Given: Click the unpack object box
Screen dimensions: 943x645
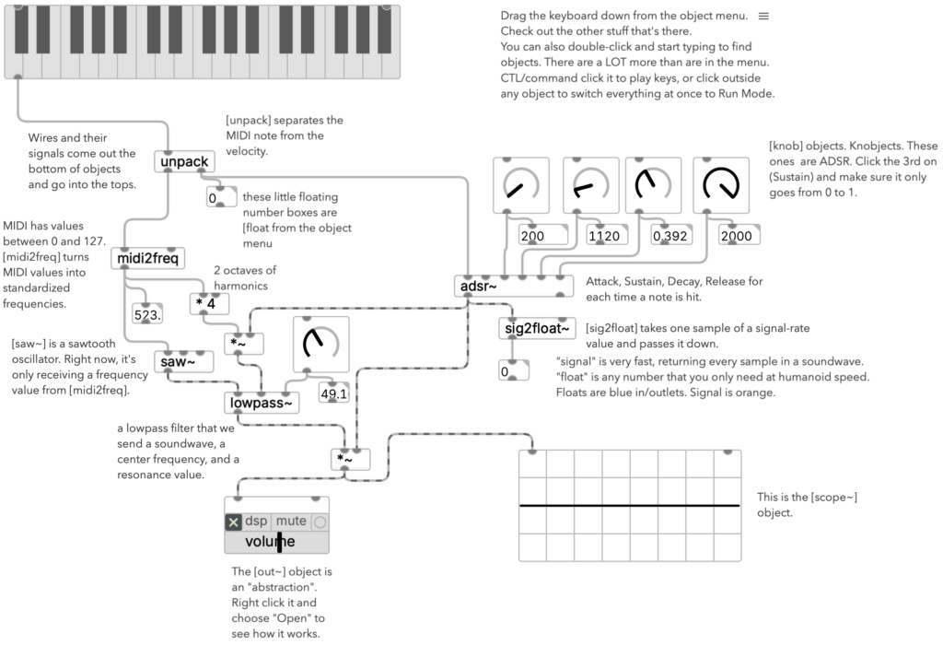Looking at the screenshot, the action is coord(184,161).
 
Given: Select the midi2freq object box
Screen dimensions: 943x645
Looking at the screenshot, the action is coord(148,258).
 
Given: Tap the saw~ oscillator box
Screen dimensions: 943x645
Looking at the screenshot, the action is coord(183,361).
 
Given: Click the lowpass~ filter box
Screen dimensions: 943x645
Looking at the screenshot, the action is coord(261,403).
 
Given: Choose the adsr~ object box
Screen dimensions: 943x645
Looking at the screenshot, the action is coord(514,286).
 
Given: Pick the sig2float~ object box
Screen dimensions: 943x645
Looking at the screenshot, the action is coord(537,328).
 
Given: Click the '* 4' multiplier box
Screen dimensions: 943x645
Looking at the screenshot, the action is coord(209,304).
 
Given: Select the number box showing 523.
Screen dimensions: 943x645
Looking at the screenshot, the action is coord(147,314).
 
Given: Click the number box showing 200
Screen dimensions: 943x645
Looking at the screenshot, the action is coord(543,235).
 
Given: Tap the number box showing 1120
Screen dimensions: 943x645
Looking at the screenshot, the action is coord(607,235).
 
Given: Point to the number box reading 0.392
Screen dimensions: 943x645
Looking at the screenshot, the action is coord(671,235).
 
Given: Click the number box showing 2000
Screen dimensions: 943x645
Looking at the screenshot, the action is coord(739,235).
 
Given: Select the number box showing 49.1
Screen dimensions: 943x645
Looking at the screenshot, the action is coord(333,393).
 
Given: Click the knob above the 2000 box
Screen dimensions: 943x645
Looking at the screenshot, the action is coord(721,185).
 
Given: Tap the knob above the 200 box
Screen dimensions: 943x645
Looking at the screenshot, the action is coord(521,185).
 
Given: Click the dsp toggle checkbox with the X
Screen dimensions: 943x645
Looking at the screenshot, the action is coord(233,522).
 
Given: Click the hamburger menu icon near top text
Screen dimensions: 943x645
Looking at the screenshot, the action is coord(763,17).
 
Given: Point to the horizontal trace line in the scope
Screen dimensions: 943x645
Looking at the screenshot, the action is coord(630,506).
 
